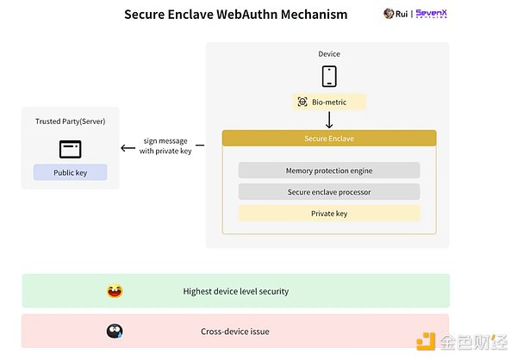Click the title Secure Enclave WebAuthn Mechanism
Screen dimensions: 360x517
[x=235, y=15]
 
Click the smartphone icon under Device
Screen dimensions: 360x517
[x=328, y=77]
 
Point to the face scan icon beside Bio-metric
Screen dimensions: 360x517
[x=302, y=102]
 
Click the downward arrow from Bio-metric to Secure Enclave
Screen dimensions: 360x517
[x=329, y=120]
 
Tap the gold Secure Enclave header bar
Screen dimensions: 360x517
[x=329, y=138]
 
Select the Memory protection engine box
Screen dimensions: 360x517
[x=329, y=171]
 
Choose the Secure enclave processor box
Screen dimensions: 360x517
[x=329, y=191]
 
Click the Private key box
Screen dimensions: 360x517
[x=329, y=213]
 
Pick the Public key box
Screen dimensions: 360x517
[x=70, y=172]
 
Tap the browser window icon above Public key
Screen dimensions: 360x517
[x=70, y=148]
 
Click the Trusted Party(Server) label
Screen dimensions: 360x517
[x=70, y=122]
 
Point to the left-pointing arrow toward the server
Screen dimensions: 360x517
[x=128, y=147]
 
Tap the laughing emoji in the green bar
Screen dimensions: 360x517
[x=115, y=291]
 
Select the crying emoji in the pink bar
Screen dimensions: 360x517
[x=115, y=331]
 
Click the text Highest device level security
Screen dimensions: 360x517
[x=236, y=291]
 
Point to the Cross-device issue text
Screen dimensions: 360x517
[x=236, y=331]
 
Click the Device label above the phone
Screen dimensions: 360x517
[x=329, y=54]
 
